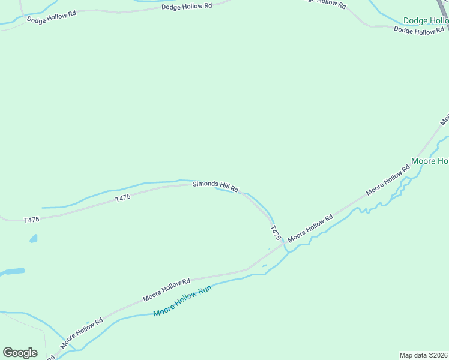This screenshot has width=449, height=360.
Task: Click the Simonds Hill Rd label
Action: pos(215,187)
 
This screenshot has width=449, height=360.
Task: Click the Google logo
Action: pos(20,353)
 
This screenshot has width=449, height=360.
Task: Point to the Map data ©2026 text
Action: pos(423,355)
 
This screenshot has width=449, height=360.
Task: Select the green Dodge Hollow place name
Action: pos(426,20)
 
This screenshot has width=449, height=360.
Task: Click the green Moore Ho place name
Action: pos(430,161)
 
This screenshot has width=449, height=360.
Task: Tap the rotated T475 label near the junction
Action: pos(276,233)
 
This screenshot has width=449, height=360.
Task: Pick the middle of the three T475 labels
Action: pos(123,198)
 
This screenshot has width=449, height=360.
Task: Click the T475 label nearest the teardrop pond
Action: pos(32,220)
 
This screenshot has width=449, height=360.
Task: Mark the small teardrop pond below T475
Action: pos(33,239)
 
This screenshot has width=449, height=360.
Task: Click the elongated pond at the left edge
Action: pos(12,272)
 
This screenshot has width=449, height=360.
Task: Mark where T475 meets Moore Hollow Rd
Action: pos(282,245)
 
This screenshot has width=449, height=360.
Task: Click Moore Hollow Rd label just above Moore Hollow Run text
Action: pos(166,290)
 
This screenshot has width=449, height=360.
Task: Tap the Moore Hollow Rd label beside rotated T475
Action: pos(310,229)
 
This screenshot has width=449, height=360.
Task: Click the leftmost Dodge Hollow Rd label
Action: pos(51,16)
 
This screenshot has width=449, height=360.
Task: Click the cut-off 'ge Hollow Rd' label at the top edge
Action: pos(326,3)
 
